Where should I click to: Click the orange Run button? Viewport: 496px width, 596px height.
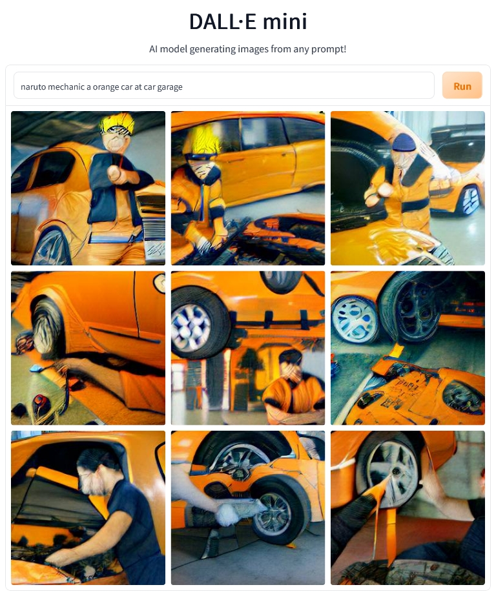(x=462, y=86)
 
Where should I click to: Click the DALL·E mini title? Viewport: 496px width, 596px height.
(x=248, y=22)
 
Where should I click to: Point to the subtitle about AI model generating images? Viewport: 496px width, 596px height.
(x=248, y=49)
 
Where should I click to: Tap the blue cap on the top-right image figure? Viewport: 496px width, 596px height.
(x=404, y=141)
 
